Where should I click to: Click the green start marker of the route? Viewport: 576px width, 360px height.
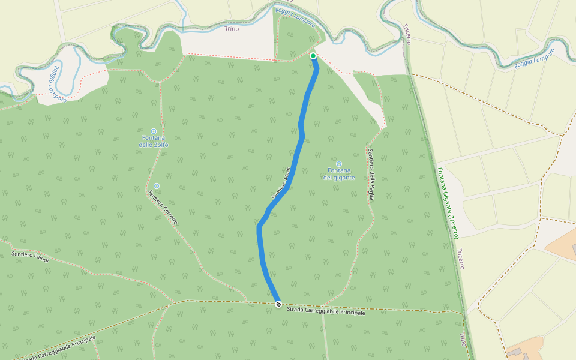point(313,56)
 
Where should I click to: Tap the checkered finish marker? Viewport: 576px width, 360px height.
point(278,304)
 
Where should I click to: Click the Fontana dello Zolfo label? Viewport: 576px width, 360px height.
point(154,142)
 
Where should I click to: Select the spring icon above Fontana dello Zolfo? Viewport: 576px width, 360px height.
point(154,131)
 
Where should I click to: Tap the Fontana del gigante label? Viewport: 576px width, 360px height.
point(339,174)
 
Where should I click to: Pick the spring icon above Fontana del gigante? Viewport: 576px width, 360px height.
point(339,163)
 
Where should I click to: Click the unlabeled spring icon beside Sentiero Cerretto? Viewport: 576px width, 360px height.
point(157,186)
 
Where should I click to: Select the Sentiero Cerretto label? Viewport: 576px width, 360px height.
point(163,207)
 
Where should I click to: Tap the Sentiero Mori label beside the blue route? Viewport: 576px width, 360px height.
point(281,183)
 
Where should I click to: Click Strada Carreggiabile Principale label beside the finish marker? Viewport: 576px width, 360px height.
point(326,312)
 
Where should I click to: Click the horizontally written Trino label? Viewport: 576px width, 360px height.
point(231,28)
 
